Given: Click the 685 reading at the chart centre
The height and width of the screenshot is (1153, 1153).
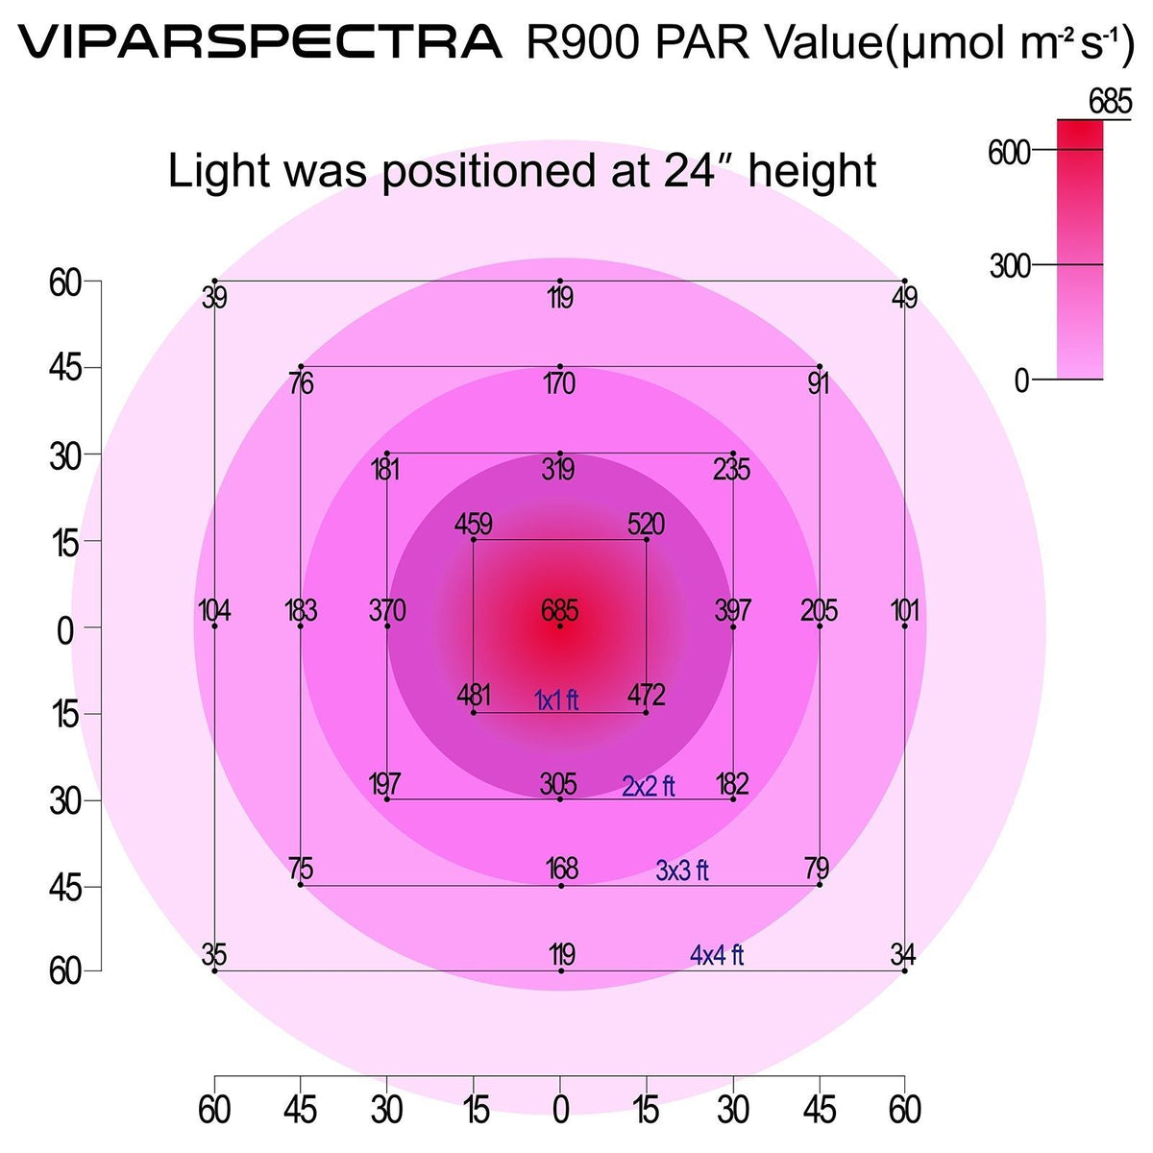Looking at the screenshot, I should (x=560, y=611).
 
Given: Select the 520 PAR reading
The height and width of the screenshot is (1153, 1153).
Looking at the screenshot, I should (x=646, y=525).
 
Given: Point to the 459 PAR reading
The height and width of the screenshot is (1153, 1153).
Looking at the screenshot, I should (x=474, y=525).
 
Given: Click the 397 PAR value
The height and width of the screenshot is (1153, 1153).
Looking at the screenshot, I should (x=733, y=611).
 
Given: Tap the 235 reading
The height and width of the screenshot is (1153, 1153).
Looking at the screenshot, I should (x=732, y=470).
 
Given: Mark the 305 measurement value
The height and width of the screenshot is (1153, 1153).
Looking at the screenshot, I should (x=558, y=785).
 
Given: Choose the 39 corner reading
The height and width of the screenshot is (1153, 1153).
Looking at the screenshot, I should (x=215, y=298).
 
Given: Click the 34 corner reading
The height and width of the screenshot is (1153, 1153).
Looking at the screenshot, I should (x=903, y=955).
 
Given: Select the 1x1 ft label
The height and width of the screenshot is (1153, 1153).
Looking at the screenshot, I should (x=557, y=701).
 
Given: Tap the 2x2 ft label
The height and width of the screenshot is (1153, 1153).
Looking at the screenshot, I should (x=649, y=787).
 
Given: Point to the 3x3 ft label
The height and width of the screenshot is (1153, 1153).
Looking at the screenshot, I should (x=682, y=871).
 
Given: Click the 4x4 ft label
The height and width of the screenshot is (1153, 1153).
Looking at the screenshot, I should (x=717, y=955).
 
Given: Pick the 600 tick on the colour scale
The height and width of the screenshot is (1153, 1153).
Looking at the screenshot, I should (x=1009, y=152).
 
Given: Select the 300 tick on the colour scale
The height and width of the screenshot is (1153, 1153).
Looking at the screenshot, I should (x=1010, y=266).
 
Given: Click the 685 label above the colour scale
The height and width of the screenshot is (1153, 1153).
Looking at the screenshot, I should (x=1111, y=101).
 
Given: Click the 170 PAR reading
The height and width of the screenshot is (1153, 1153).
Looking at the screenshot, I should (x=559, y=384).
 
